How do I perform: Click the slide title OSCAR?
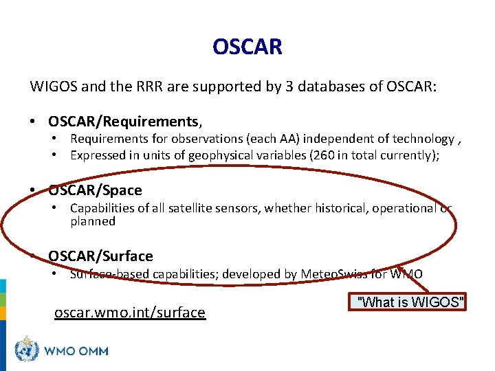(247, 47)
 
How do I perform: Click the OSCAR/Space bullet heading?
(95, 190)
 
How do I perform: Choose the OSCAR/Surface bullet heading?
(100, 256)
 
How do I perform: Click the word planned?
(92, 221)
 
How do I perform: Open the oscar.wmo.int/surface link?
(129, 313)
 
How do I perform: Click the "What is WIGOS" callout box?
(410, 302)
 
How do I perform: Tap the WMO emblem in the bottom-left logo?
(27, 350)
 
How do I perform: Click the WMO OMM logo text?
(76, 351)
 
